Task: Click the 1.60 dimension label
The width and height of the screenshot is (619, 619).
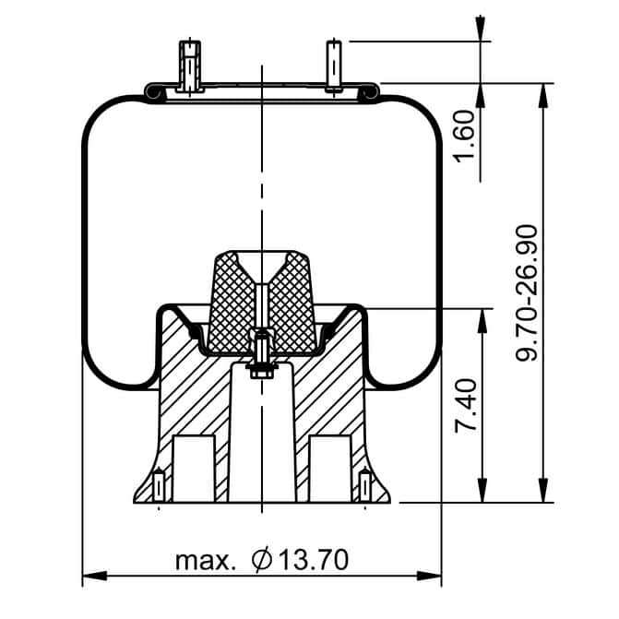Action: coord(464,137)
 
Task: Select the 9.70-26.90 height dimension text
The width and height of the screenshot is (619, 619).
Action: coord(527,292)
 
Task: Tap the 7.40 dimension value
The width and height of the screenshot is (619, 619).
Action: coord(466,406)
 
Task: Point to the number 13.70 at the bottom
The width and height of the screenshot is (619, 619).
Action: coord(314,559)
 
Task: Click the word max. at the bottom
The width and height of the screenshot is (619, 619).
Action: coord(205,561)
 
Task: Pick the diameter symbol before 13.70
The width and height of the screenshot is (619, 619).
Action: coord(262,559)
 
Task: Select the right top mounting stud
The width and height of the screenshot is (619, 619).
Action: coord(334,65)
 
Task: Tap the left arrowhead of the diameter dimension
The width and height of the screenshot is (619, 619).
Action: coord(95,576)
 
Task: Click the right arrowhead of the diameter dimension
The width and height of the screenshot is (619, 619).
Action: coord(429,576)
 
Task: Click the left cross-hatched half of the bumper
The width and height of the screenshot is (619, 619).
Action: coord(232,304)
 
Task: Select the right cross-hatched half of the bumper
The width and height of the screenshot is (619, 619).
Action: coord(293,304)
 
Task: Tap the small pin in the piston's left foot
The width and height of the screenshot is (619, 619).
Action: coord(159,484)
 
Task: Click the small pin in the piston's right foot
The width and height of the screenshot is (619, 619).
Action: coord(364,484)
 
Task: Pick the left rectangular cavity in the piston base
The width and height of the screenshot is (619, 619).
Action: coord(195,469)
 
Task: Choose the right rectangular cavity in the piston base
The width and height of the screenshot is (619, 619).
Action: coord(330,469)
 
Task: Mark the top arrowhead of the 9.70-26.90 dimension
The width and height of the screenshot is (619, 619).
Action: coord(543,96)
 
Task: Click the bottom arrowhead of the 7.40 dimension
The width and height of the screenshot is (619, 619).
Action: coord(482,490)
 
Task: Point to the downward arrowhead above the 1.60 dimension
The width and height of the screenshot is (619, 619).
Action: coord(480,28)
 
